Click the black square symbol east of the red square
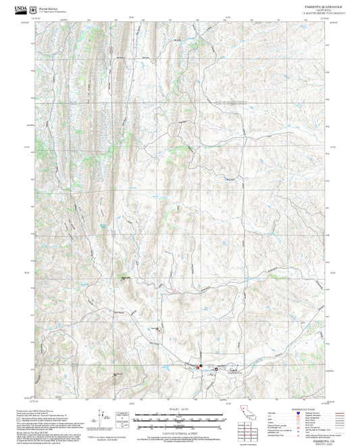215,369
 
